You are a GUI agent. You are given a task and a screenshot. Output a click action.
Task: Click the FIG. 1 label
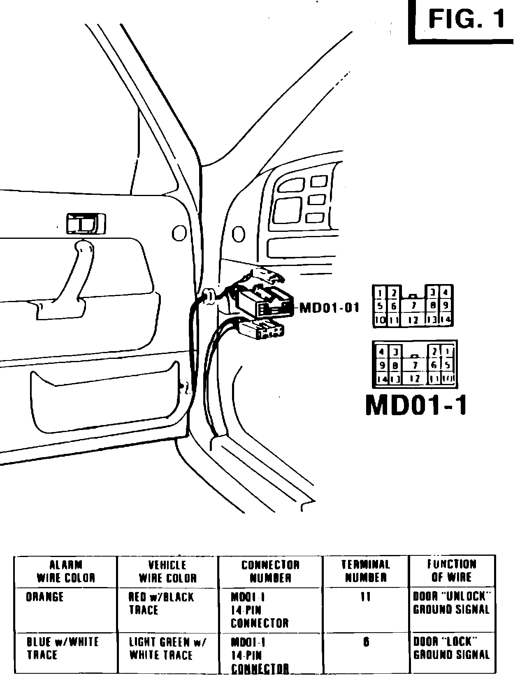point(466,19)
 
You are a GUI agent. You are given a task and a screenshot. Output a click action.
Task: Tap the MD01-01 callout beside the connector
point(329,307)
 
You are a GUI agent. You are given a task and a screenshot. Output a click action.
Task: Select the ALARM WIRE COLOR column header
point(66,571)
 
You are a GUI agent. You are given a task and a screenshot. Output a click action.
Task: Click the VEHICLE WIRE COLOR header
point(168,571)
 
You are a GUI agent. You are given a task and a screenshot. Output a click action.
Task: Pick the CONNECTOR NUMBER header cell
point(270,571)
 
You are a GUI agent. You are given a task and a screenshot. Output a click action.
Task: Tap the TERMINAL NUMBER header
point(366,571)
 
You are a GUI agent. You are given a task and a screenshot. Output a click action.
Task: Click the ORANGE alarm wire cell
point(45,597)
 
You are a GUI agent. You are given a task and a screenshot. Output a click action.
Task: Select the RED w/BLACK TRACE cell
point(161,603)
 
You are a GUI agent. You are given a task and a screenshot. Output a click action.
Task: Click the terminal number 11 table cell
point(366,597)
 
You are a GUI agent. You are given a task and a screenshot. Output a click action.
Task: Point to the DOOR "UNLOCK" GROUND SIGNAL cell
point(451,603)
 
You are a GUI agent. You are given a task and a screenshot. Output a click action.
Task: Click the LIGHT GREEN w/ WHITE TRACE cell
point(167,648)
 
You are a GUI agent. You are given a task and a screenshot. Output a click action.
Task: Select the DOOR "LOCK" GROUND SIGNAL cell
point(451,648)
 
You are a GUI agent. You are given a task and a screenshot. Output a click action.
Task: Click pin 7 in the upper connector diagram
point(414,305)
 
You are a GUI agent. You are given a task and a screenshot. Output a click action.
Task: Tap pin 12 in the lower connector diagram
point(415,379)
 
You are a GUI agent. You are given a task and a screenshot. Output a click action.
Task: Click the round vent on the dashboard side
point(239,234)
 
